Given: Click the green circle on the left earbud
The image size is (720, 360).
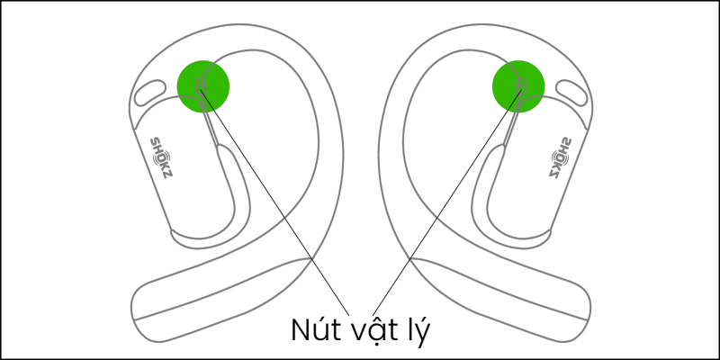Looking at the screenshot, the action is (x=203, y=86).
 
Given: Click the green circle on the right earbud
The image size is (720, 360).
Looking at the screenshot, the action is (x=518, y=86).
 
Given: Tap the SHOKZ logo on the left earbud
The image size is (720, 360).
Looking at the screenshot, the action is (x=162, y=157).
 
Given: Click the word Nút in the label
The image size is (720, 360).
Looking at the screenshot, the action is (x=312, y=329).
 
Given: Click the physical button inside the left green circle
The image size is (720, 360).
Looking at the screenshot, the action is (x=201, y=85).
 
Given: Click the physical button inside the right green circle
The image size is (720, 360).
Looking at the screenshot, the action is (x=521, y=85).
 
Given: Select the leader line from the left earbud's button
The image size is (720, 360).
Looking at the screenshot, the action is (x=274, y=202).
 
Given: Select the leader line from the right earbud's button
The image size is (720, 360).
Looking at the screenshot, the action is (x=447, y=202).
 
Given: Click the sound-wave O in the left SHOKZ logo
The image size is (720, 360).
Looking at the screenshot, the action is (x=161, y=157).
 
